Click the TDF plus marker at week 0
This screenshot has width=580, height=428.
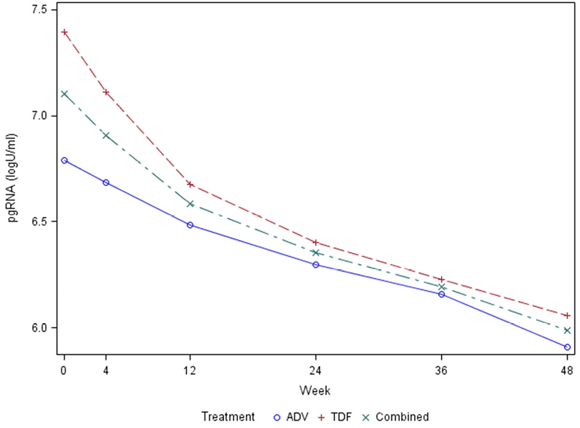(64, 32)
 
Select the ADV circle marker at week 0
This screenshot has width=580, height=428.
(64, 160)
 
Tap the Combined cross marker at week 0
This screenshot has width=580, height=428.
(64, 94)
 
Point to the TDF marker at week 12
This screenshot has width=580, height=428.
(190, 184)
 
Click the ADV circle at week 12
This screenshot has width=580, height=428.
(190, 225)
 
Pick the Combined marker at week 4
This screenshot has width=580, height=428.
(106, 135)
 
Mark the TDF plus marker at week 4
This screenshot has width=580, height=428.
(106, 92)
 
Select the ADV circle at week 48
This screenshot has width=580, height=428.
(567, 347)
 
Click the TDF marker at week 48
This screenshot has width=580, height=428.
(567, 315)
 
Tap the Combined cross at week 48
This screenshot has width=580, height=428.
(567, 330)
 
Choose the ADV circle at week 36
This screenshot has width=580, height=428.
(442, 294)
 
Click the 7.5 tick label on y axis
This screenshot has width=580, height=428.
(44, 10)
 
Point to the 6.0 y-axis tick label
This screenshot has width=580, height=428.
(44, 328)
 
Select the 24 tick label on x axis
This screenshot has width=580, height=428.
(316, 371)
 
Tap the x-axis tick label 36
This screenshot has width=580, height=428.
(442, 371)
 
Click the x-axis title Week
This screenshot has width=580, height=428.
(315, 390)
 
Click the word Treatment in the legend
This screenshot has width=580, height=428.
(228, 417)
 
